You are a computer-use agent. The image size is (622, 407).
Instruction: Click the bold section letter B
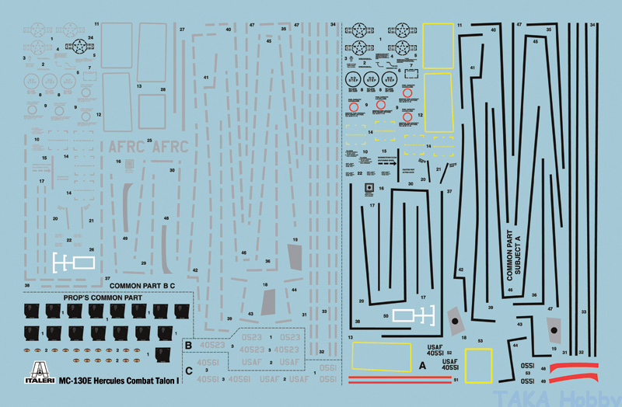187,343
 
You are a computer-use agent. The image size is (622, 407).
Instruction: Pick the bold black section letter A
422,364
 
